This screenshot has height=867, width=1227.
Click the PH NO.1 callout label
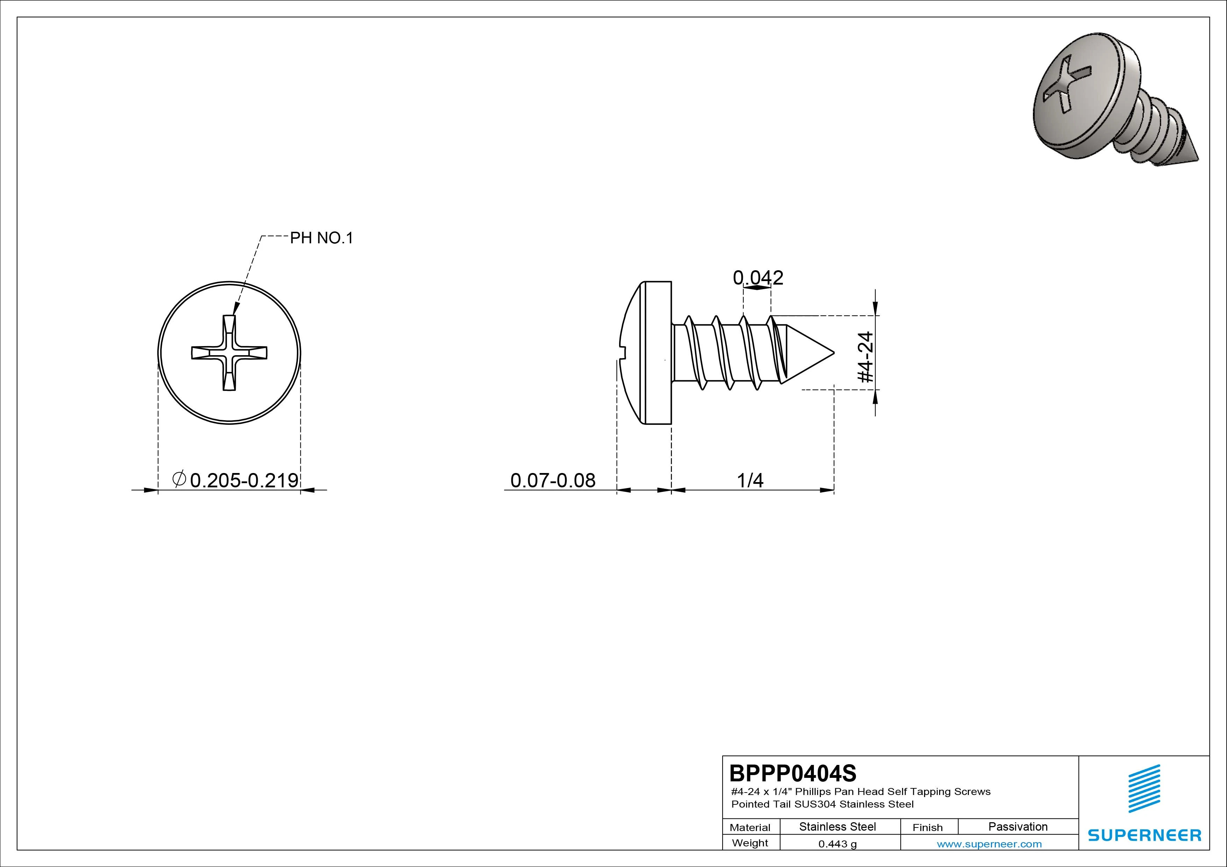[322, 238]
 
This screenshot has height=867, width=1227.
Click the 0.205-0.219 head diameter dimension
[244, 480]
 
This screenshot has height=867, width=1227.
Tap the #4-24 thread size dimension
[865, 357]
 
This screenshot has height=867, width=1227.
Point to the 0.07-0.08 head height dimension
[553, 480]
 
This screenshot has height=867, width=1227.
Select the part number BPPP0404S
[793, 773]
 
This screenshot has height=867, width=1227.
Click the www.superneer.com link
[989, 844]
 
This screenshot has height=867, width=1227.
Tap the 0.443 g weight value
[837, 844]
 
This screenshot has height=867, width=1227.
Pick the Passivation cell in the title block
[1018, 826]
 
